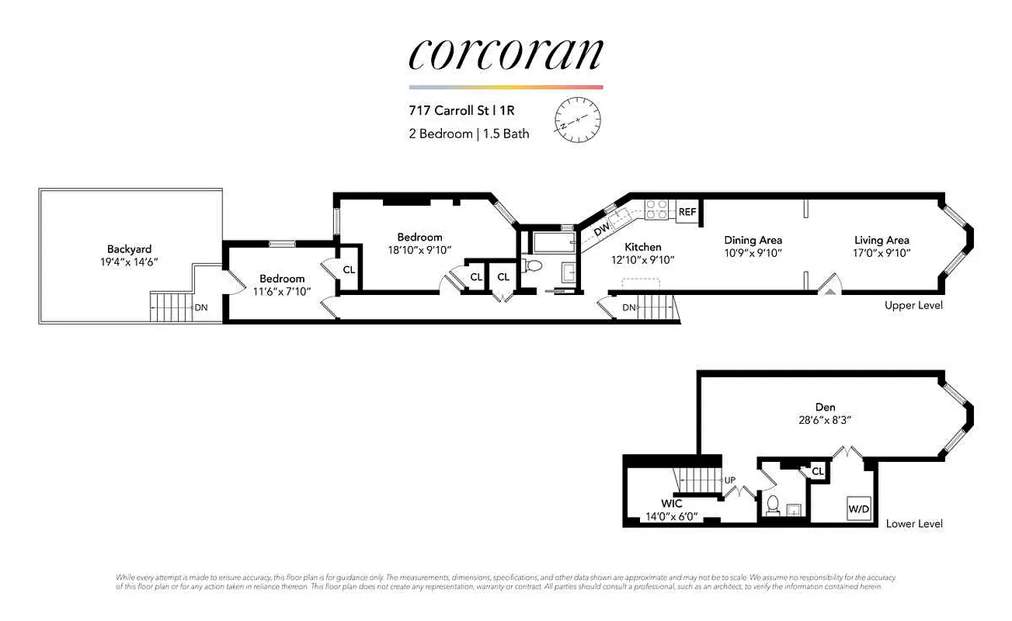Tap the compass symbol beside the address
point(578,119)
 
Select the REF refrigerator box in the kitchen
point(687,212)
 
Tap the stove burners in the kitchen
point(657,210)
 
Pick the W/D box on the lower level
point(858,509)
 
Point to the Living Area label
point(882,241)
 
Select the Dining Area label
point(753,241)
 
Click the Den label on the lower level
point(825,406)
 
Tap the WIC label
point(672,504)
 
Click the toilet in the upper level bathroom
point(533,267)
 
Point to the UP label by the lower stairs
point(729,480)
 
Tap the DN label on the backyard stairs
point(201,307)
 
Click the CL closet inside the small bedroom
point(349,269)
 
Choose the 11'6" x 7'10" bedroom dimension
point(282,291)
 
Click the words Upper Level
point(913,305)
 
